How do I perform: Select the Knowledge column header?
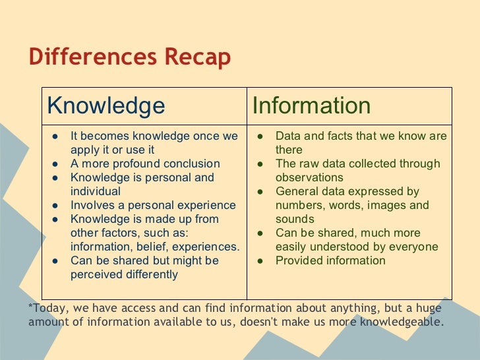click(x=107, y=105)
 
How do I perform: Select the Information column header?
click(x=311, y=105)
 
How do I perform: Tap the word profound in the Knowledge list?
click(x=131, y=164)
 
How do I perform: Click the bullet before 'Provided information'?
click(x=261, y=260)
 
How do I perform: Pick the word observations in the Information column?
click(x=309, y=177)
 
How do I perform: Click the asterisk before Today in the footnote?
click(x=32, y=308)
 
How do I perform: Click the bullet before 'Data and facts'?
click(x=261, y=136)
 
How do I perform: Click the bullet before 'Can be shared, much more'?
click(x=261, y=233)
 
